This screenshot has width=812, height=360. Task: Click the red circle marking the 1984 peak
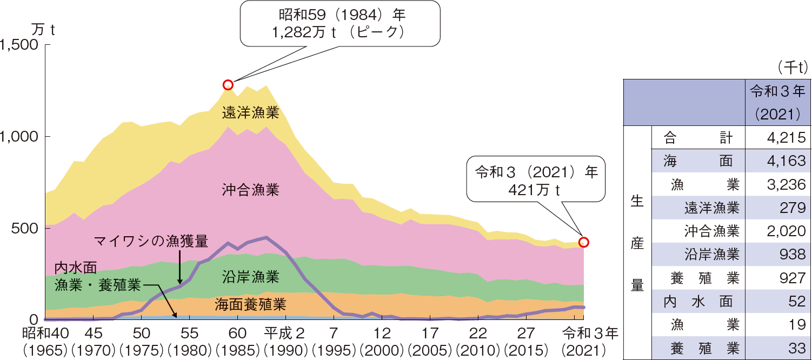[228, 85]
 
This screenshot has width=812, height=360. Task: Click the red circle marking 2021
[583, 242]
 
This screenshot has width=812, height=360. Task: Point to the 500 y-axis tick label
[24, 228]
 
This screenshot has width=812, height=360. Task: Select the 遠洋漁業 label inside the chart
[251, 113]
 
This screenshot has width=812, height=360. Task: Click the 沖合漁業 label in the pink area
[251, 190]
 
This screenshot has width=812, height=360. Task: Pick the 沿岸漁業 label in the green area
[251, 278]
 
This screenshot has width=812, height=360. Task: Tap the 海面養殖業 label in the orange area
[250, 303]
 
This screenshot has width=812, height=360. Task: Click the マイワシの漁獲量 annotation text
[151, 240]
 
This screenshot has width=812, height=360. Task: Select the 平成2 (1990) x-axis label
[285, 339]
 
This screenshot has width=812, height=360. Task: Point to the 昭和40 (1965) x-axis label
[45, 339]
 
